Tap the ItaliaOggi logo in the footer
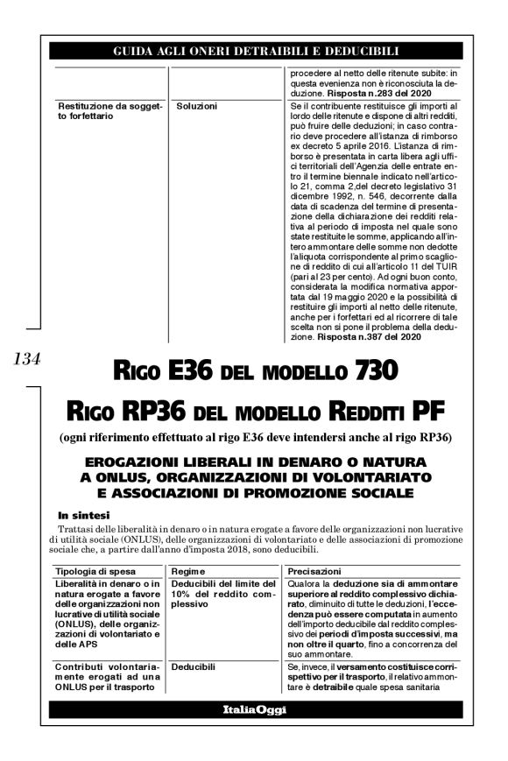click(254, 708)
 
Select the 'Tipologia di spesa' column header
click(94, 571)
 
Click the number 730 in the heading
click(370, 371)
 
